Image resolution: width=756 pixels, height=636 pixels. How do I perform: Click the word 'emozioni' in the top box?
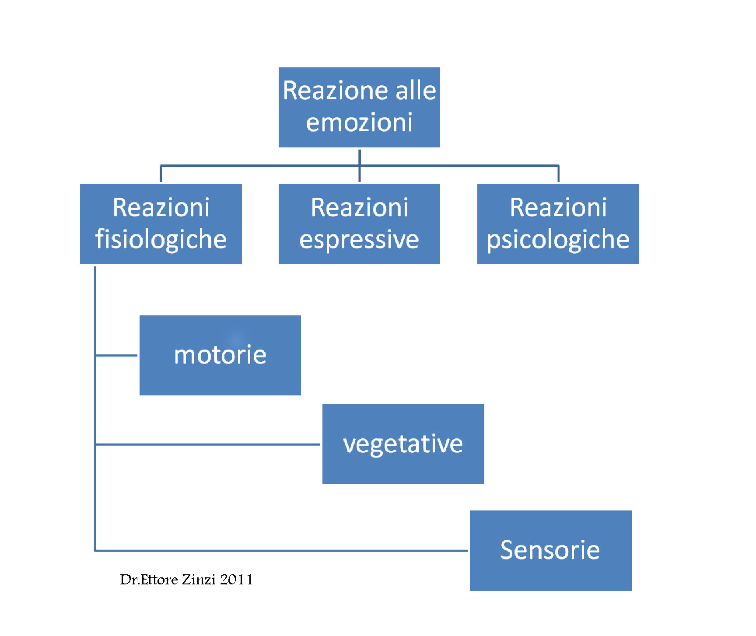(x=359, y=122)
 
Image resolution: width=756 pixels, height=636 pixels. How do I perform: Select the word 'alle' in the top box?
(x=416, y=91)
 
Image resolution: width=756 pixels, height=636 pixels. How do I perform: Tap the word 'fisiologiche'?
(x=161, y=239)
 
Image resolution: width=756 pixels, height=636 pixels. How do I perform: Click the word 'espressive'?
(x=359, y=240)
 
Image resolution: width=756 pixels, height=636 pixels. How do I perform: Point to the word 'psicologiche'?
(x=558, y=240)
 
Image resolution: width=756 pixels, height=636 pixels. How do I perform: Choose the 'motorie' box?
(x=220, y=355)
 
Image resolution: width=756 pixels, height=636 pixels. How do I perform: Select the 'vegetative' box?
(x=403, y=444)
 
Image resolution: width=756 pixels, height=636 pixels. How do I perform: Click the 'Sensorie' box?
(x=550, y=550)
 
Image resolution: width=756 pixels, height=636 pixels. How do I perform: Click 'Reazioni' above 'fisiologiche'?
(x=161, y=207)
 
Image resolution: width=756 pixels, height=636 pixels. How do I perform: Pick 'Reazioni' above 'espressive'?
(x=359, y=207)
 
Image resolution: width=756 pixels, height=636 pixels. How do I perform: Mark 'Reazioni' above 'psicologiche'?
(x=558, y=207)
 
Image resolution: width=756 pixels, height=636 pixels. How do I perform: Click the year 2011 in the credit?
(x=237, y=580)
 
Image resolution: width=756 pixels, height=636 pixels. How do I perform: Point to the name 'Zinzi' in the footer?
(x=199, y=580)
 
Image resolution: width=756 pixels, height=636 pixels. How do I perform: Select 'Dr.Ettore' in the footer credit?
(x=149, y=580)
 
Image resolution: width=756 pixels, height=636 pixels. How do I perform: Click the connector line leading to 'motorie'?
(x=116, y=356)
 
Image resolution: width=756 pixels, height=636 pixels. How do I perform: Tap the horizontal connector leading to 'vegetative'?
(x=208, y=444)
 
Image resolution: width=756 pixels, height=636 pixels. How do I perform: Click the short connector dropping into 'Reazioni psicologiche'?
(x=559, y=174)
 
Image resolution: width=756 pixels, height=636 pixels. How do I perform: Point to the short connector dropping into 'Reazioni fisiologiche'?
(x=161, y=174)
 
